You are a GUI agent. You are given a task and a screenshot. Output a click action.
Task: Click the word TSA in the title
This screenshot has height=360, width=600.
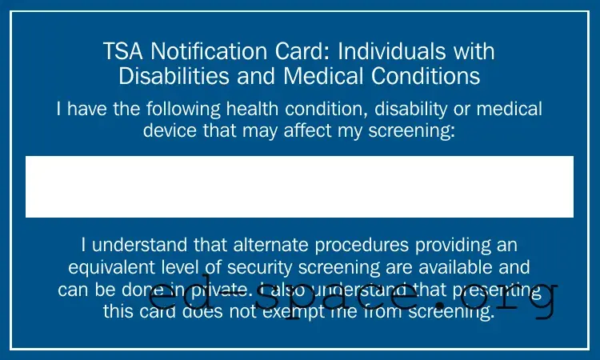(x=122, y=53)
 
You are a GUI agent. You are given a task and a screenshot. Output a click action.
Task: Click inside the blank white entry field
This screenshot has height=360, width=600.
(x=299, y=186)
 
